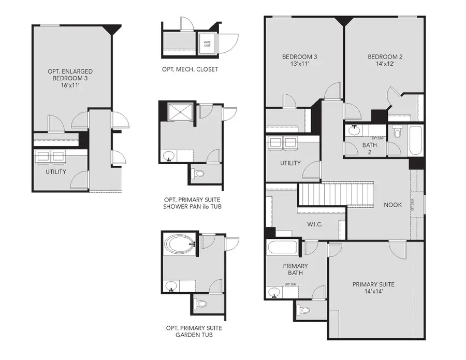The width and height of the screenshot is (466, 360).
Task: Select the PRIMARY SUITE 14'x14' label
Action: point(373,288)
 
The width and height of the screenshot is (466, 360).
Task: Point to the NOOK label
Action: point(392,205)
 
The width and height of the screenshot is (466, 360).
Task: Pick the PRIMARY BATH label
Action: point(295,269)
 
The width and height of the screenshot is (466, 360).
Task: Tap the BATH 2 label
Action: point(369,149)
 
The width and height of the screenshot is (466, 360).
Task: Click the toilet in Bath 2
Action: point(397,132)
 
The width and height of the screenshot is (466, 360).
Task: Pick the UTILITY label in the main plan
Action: point(290,163)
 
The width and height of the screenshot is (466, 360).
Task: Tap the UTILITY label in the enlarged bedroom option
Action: point(55,171)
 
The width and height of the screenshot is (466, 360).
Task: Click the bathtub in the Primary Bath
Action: point(283,247)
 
